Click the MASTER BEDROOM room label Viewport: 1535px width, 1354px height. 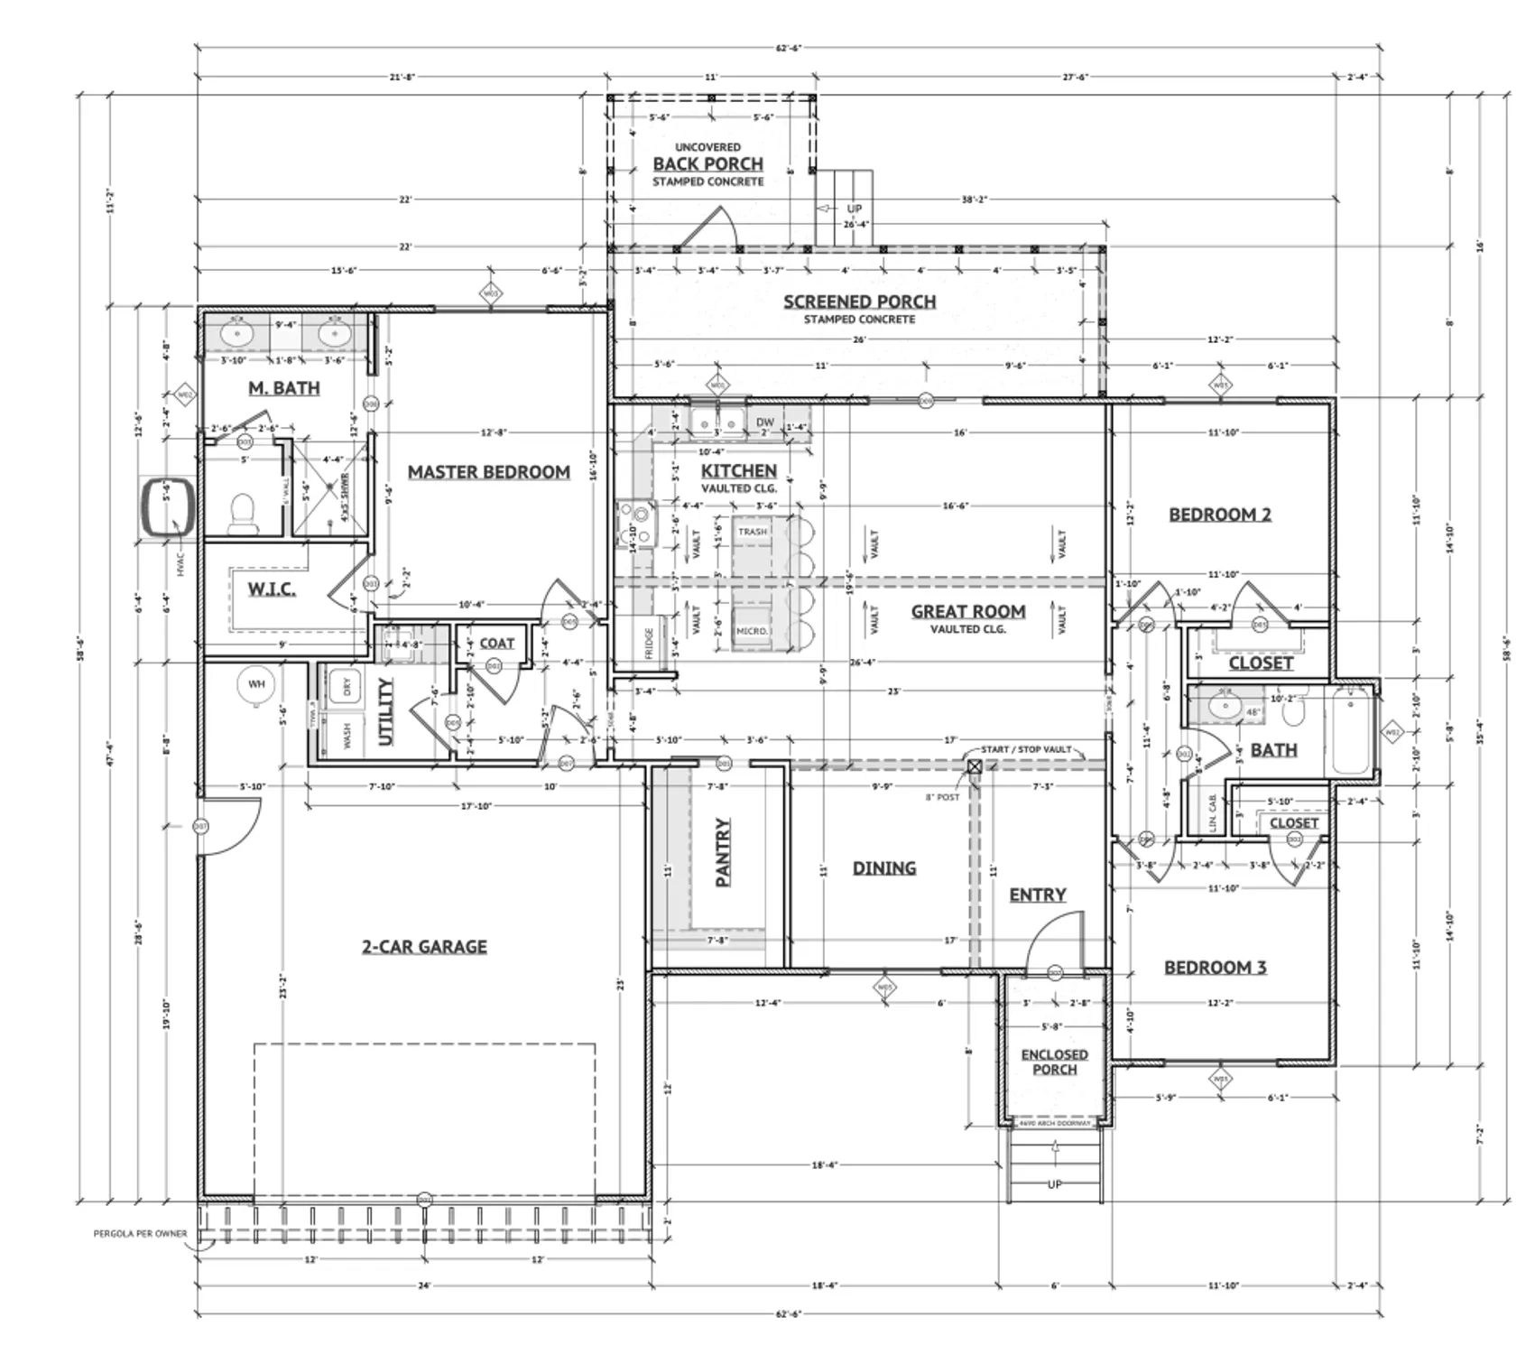click(x=488, y=471)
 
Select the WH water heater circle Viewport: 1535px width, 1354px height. click(x=256, y=684)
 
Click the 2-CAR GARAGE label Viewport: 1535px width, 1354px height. click(x=424, y=946)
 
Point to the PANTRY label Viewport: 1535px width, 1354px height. click(x=723, y=852)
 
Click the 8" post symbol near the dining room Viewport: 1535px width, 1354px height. click(x=975, y=767)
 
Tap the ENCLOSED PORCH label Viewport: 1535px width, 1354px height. click(x=1054, y=1062)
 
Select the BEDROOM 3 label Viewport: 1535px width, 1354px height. click(x=1215, y=968)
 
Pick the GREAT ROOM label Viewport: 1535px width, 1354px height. click(x=967, y=611)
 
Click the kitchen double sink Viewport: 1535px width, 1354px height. click(x=717, y=422)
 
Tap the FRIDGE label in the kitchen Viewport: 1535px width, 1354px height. click(x=649, y=644)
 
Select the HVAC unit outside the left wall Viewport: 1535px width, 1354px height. click(x=168, y=509)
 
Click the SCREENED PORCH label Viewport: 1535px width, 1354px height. click(x=859, y=301)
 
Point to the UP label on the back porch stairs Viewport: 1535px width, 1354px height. click(x=854, y=209)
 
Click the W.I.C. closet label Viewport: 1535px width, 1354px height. click(x=272, y=589)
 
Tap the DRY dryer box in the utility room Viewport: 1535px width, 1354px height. click(x=347, y=685)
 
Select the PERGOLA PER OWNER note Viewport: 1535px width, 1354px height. click(x=141, y=1233)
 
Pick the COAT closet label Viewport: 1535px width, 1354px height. click(x=496, y=643)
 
